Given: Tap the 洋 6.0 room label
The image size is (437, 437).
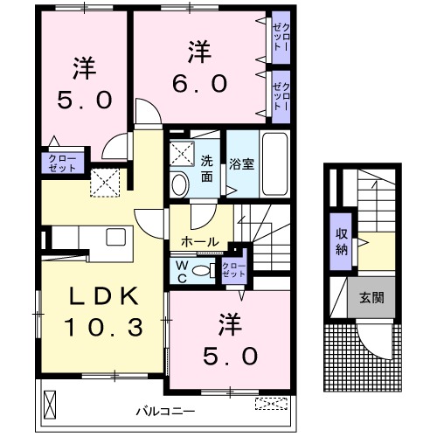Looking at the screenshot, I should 207,68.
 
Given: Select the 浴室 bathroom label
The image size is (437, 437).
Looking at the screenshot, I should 241,163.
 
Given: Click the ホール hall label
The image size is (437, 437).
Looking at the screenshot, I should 199,241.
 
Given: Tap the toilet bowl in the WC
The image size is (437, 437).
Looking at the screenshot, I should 202,272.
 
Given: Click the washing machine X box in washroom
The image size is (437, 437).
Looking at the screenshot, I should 182,154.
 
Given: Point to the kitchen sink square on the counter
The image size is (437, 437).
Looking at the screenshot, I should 115,236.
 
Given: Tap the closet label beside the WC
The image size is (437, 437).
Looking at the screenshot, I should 234,270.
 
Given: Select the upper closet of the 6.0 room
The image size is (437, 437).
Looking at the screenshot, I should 281,38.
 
